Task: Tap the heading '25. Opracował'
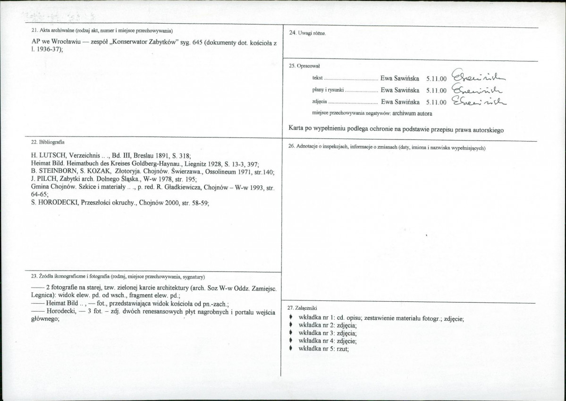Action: tap(305, 66)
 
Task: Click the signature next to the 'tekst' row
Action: tap(479, 76)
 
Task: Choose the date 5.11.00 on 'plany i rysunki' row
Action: tap(436, 90)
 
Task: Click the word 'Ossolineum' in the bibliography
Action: tap(213, 171)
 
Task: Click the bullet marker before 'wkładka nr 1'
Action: tap(291, 318)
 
